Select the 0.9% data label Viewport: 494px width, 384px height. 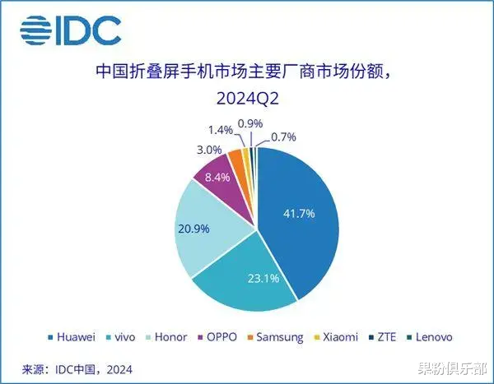tap(249, 124)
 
